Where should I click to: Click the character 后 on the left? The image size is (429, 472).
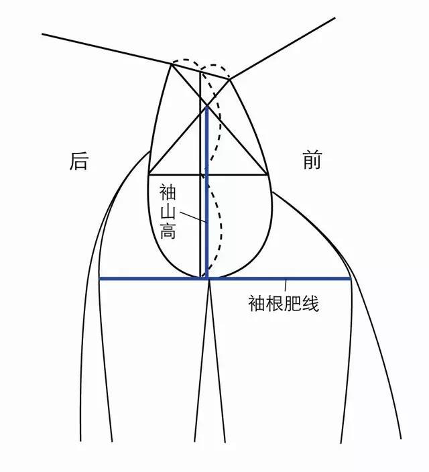point(78,161)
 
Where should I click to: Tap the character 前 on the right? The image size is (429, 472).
point(312,160)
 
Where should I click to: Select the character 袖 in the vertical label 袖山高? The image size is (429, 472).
point(168,192)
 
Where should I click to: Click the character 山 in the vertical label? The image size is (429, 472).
point(168,211)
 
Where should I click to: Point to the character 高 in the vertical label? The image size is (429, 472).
point(168,230)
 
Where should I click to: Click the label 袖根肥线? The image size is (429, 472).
point(284,303)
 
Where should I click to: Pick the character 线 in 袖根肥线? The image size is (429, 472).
point(310,303)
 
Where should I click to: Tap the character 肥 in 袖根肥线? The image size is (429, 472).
point(293,303)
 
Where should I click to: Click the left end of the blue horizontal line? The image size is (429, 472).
point(100,279)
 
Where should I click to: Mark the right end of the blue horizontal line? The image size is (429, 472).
point(351,279)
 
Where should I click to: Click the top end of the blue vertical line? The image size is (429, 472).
point(207,107)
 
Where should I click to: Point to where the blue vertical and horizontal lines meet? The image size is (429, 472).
point(207,279)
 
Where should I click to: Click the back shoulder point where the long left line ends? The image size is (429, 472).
point(172,64)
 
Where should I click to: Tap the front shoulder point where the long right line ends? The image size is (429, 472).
point(230,79)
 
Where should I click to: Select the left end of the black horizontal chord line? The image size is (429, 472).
point(149,174)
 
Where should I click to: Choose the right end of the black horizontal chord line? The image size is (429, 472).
point(267,174)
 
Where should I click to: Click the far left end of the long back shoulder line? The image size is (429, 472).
point(42,34)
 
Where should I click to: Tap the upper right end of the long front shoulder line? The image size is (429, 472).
point(335,17)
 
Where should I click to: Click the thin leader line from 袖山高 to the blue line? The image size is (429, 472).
point(192,217)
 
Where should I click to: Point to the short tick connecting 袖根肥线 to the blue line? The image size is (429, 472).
point(286,286)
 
